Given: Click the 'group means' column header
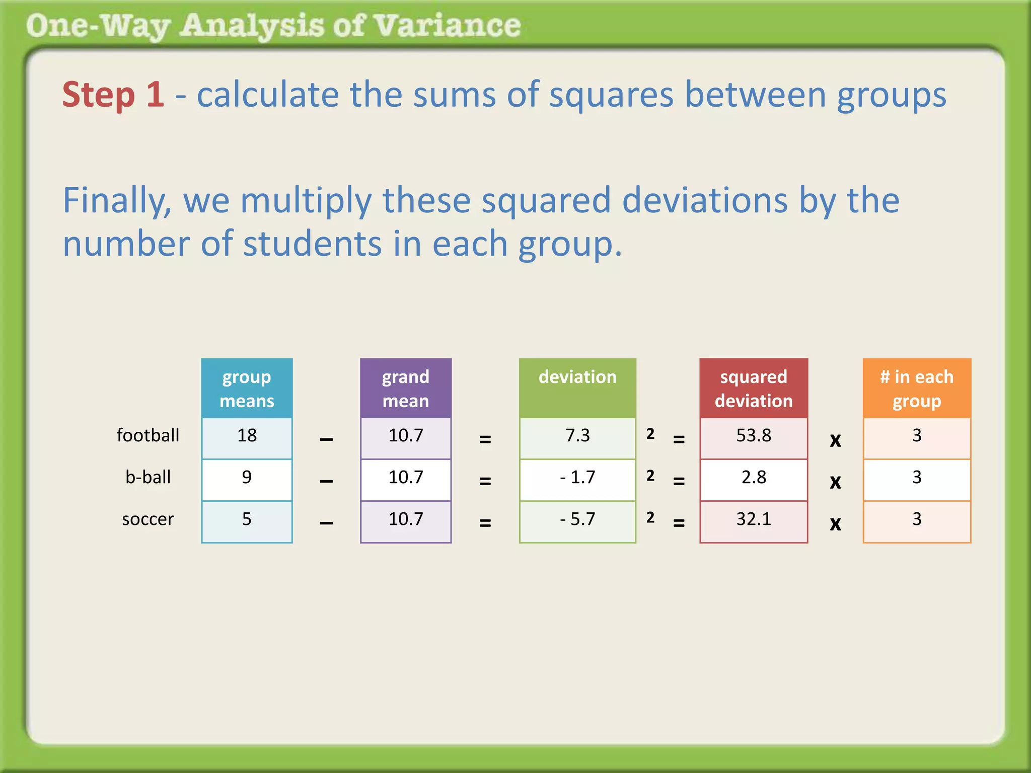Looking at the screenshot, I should [247, 389].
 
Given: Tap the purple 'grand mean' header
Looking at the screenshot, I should [406, 389].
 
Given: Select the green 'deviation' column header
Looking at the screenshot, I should [577, 389].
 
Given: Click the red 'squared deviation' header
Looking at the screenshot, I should [754, 389].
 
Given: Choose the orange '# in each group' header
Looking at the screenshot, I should [917, 389].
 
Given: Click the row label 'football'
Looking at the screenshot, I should [148, 435].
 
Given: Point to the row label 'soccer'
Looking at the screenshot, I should [148, 519].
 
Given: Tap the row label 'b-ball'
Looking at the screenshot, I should [148, 477].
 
